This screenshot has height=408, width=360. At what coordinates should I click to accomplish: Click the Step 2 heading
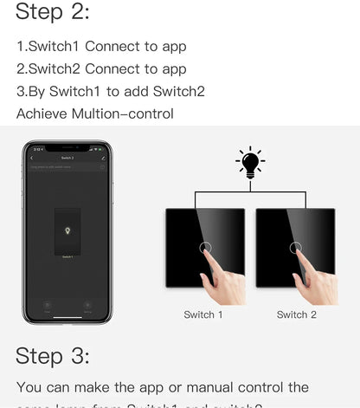tap(53, 12)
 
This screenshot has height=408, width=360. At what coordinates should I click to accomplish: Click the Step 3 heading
tap(53, 356)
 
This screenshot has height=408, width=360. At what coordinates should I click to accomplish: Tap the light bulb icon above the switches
tap(250, 162)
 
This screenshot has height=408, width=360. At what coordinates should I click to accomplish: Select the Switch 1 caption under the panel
tap(203, 314)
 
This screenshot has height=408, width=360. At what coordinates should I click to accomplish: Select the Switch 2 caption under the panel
tap(296, 314)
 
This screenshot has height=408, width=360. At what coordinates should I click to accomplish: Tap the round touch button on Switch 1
tap(205, 249)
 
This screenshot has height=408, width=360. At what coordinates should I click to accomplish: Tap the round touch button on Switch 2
tap(297, 249)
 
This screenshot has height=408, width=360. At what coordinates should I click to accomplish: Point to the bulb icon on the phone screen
tap(67, 231)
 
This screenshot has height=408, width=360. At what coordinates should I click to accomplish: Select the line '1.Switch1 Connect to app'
tap(101, 47)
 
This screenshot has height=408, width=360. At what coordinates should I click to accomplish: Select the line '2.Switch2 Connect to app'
tap(101, 69)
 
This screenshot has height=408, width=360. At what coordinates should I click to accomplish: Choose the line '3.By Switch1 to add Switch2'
tap(110, 92)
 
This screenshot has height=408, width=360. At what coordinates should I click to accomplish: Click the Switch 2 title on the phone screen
tap(67, 158)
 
